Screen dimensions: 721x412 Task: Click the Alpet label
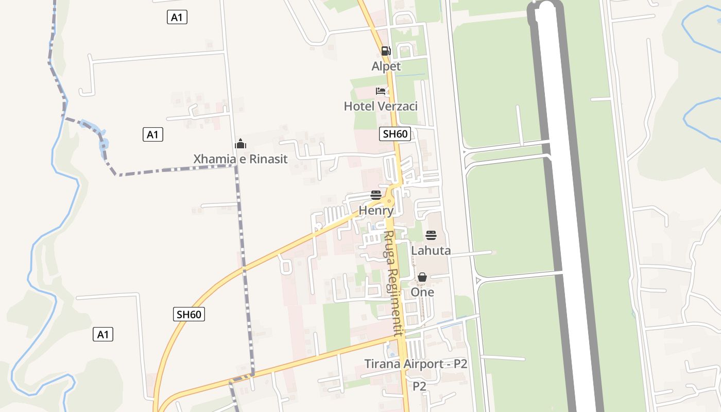pos(386,66)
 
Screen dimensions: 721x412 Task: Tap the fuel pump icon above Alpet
pos(386,50)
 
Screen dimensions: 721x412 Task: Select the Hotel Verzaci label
pos(381,107)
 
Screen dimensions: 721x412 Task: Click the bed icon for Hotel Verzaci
pos(381,91)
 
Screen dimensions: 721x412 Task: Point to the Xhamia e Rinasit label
pos(241,159)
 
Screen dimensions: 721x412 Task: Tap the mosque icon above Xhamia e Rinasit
pos(241,144)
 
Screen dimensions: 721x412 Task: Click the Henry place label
pos(376,211)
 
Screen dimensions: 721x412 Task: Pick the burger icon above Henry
pos(376,195)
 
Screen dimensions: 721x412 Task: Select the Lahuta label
pos(431,251)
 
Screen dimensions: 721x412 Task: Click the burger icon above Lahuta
pos(431,236)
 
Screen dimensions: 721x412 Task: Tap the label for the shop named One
pos(422,292)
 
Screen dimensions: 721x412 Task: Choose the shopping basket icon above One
pos(422,277)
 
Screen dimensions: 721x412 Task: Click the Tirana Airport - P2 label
pos(416,364)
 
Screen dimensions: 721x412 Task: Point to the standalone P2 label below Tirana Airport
pos(419,386)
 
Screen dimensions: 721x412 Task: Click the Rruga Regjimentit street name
pos(393,283)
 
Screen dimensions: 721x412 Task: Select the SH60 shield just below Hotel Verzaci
pos(396,134)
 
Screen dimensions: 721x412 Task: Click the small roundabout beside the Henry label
pos(389,201)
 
